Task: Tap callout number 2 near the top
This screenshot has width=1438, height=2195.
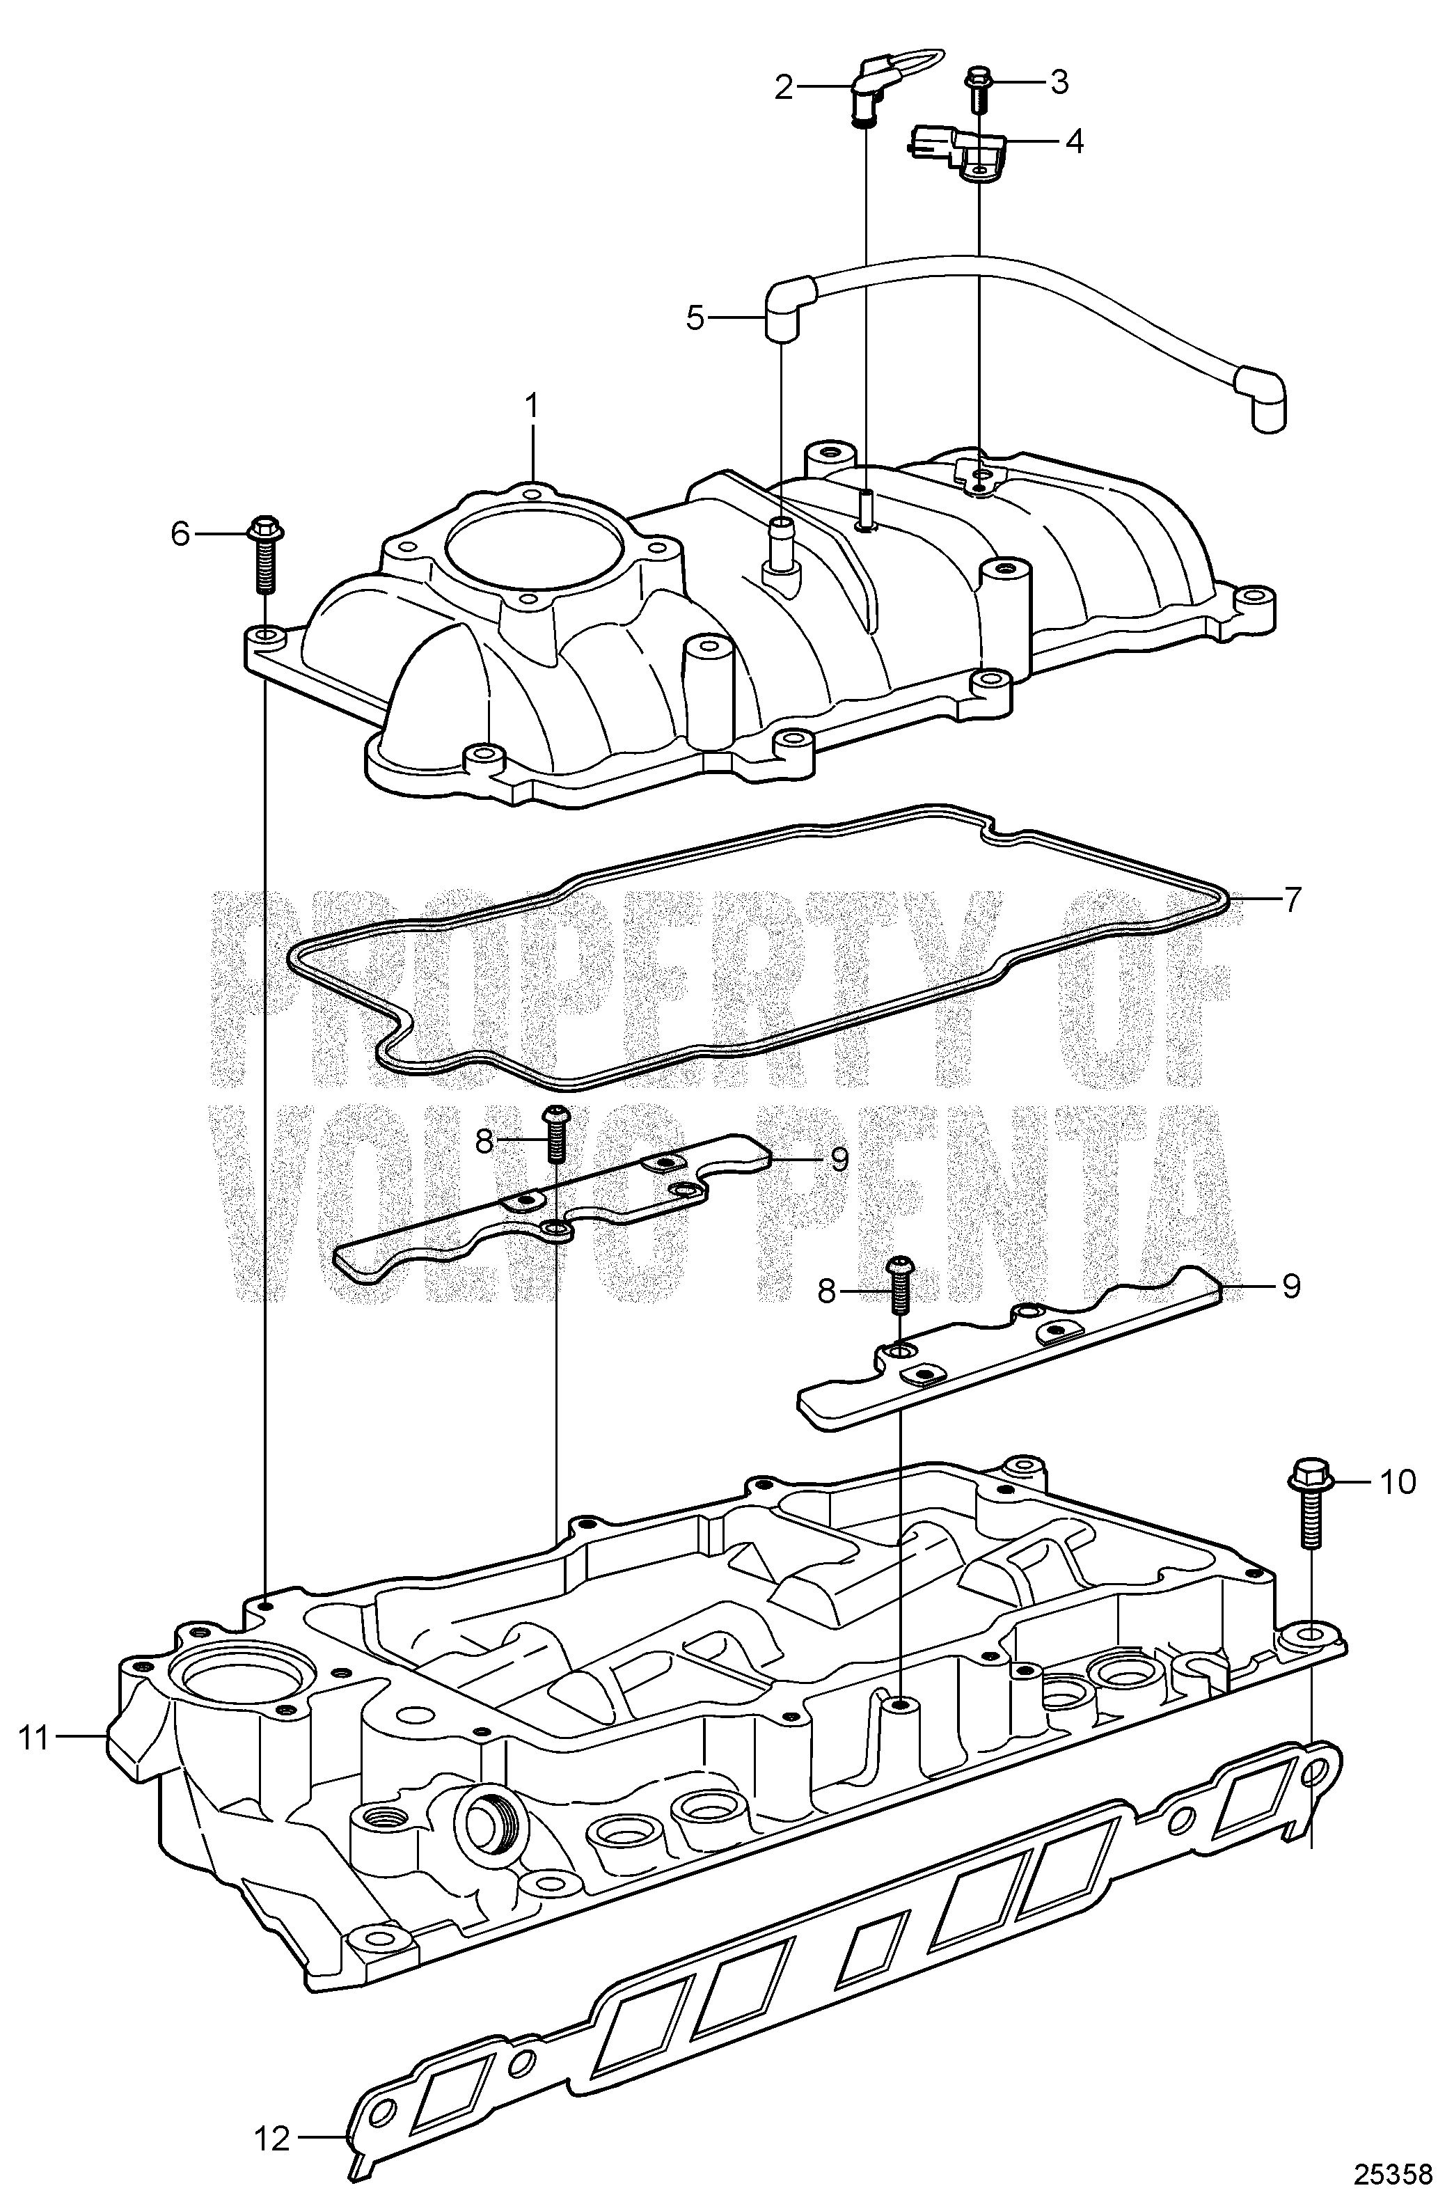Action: click(784, 88)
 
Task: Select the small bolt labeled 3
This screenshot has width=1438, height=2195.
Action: click(976, 90)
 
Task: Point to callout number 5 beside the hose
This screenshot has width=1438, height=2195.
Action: click(695, 319)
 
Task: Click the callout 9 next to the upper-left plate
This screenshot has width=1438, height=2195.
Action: click(839, 1159)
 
